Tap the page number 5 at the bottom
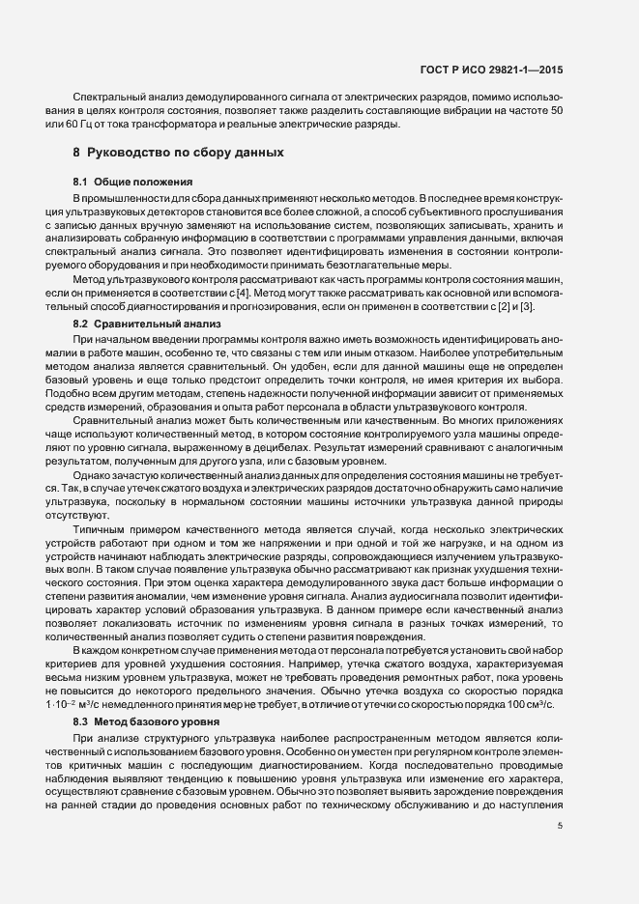[560, 826]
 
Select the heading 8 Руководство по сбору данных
[180, 153]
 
